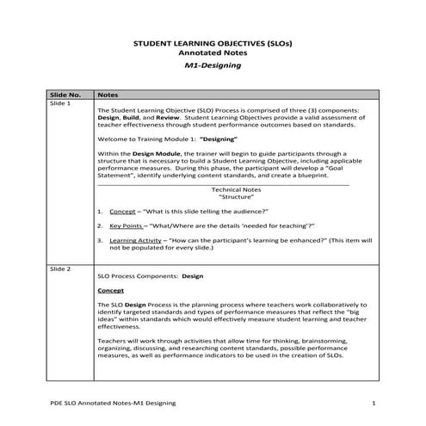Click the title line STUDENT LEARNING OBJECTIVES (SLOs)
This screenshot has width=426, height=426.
pos(213,42)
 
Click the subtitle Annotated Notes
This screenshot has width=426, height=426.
pos(213,52)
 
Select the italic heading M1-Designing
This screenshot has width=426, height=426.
pos(213,65)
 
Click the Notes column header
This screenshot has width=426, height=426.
pos(108,93)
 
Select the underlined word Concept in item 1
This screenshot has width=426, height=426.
pos(123,211)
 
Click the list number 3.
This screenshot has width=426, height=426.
pos(101,240)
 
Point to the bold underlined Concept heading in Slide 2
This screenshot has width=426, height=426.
pos(112,291)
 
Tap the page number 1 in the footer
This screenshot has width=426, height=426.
pos(374,403)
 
